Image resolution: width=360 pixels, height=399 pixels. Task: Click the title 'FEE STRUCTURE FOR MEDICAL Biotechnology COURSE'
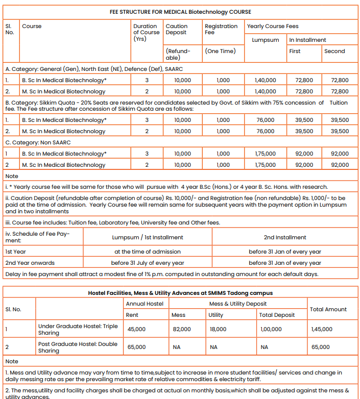pyautogui.click(x=180, y=12)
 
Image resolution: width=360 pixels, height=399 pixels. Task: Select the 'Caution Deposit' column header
pyautogui.click(x=176, y=29)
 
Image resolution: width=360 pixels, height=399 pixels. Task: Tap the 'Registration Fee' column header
pyautogui.click(x=221, y=29)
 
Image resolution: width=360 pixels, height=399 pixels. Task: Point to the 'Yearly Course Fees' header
pyautogui.click(x=273, y=26)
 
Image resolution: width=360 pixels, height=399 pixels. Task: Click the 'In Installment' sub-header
pyautogui.click(x=307, y=40)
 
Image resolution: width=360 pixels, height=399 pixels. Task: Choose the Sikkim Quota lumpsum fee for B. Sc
pyautogui.click(x=265, y=120)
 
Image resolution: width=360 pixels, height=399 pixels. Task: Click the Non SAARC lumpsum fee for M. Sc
pyautogui.click(x=265, y=165)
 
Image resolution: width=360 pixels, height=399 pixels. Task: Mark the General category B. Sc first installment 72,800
pyautogui.click(x=304, y=80)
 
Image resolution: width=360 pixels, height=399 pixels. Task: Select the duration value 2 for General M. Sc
pyautogui.click(x=147, y=91)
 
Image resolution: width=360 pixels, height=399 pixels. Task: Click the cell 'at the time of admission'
pyautogui.click(x=148, y=252)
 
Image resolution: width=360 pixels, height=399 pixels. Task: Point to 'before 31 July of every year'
pyautogui.click(x=148, y=263)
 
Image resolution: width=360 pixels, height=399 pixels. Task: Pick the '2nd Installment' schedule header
pyautogui.click(x=285, y=237)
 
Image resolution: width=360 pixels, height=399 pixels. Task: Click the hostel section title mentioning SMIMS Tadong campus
pyautogui.click(x=180, y=293)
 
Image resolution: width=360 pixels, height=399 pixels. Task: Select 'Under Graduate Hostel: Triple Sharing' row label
pyautogui.click(x=78, y=329)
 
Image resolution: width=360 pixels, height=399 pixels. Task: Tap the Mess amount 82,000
pyautogui.click(x=181, y=329)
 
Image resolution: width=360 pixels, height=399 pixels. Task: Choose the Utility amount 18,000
pyautogui.click(x=218, y=329)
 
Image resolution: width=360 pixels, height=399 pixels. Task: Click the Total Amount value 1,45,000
pyautogui.click(x=322, y=329)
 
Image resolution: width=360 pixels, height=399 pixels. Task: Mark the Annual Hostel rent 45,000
pyautogui.click(x=136, y=329)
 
